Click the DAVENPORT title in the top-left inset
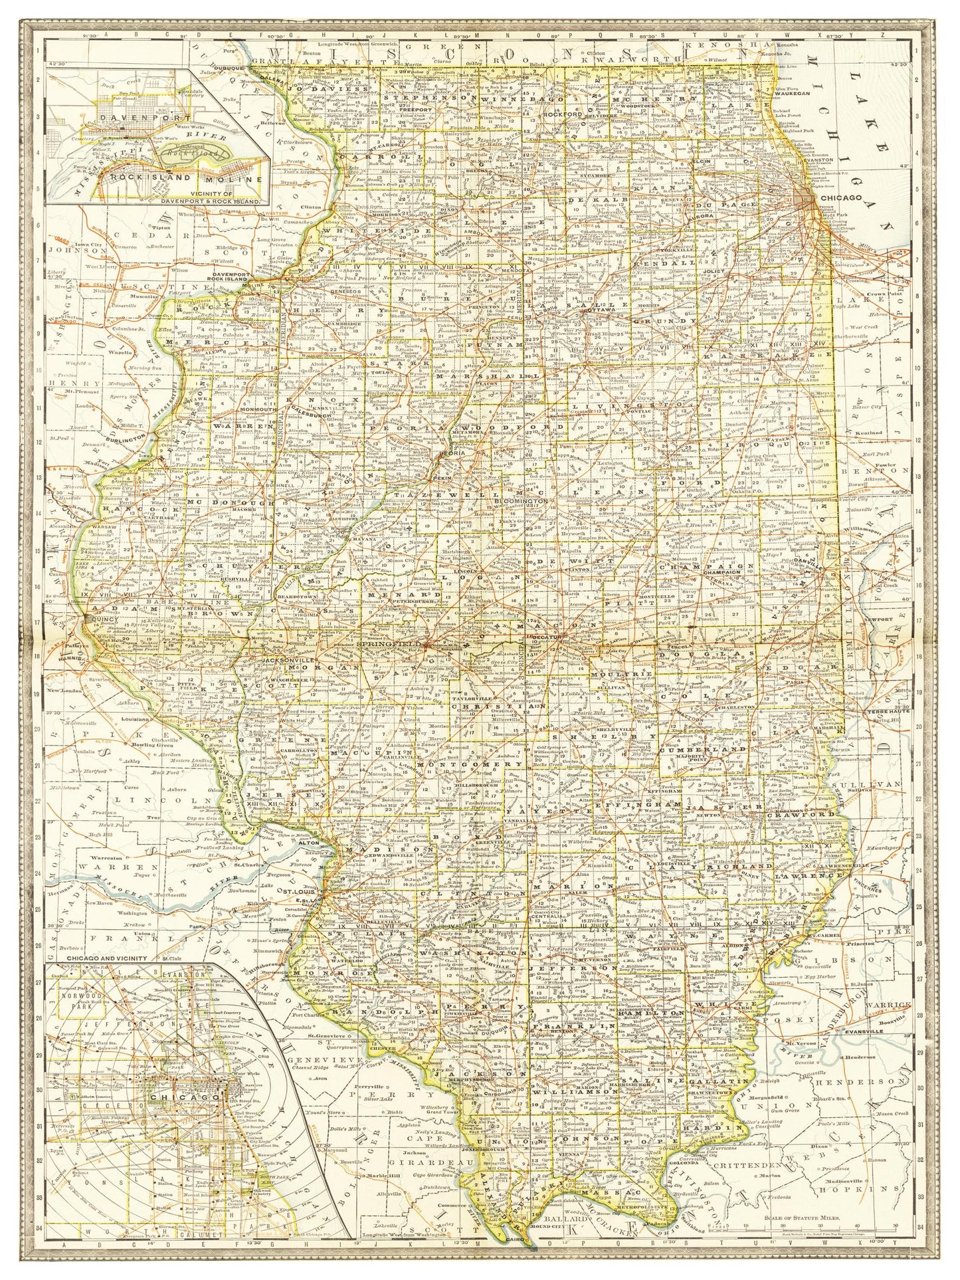click(x=122, y=115)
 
